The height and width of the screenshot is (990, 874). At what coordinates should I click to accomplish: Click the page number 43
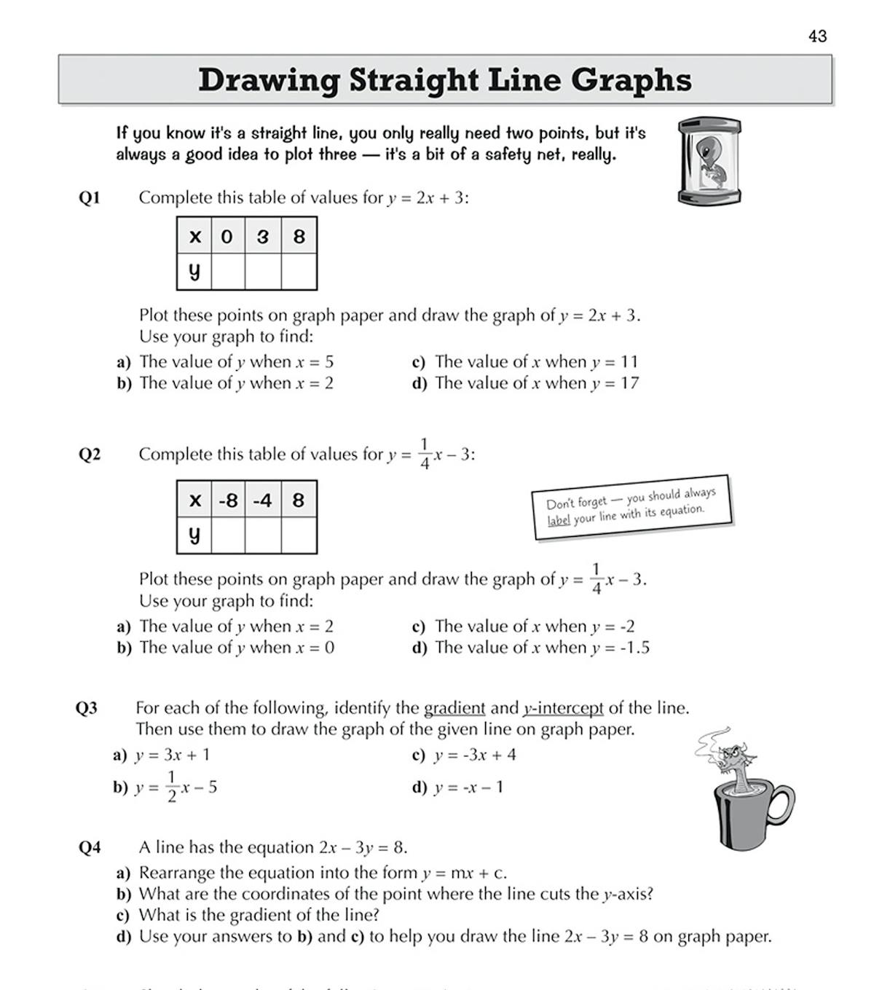pyautogui.click(x=817, y=36)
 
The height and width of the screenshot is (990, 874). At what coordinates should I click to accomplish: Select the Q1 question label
pyautogui.click(x=89, y=197)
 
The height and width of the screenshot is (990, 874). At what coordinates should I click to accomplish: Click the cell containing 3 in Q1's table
pyautogui.click(x=263, y=236)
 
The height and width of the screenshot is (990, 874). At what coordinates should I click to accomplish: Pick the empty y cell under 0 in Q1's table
pyautogui.click(x=227, y=272)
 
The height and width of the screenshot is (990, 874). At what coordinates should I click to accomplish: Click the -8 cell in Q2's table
pyautogui.click(x=228, y=500)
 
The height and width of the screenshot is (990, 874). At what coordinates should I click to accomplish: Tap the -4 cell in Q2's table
pyautogui.click(x=263, y=500)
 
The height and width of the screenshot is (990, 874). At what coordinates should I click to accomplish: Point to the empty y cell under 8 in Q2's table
pyautogui.click(x=299, y=535)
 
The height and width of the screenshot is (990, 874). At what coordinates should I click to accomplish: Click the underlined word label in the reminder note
pyautogui.click(x=559, y=521)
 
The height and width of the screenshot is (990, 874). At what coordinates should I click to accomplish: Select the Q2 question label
pyautogui.click(x=89, y=455)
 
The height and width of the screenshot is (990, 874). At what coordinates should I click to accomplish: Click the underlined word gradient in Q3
pyautogui.click(x=454, y=708)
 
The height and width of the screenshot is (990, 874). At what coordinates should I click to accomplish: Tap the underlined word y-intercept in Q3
pyautogui.click(x=563, y=708)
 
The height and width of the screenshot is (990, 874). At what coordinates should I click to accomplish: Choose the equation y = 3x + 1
pyautogui.click(x=173, y=755)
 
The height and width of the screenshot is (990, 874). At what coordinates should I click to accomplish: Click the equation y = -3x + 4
pyautogui.click(x=475, y=755)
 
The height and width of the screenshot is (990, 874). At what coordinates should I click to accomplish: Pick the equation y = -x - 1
pyautogui.click(x=468, y=787)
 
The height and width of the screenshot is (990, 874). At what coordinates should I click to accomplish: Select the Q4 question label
pyautogui.click(x=89, y=847)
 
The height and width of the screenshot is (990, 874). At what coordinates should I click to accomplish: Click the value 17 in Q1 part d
pyautogui.click(x=629, y=383)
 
